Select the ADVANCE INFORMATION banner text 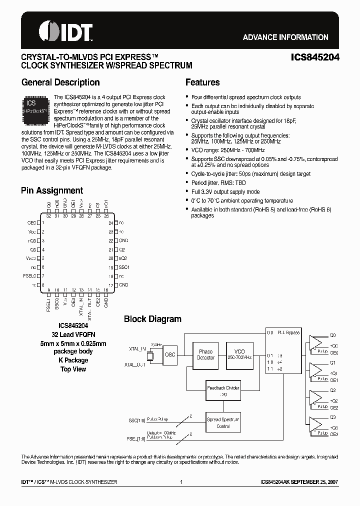click(285, 37)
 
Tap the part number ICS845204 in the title click(315, 57)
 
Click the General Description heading click(60, 82)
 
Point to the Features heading click(202, 82)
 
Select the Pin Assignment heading click(52, 190)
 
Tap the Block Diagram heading click(152, 319)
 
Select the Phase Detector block click(205, 354)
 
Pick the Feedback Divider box click(223, 390)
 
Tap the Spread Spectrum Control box click(223, 422)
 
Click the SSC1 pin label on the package click(123, 267)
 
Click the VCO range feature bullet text click(221, 150)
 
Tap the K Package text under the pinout click(73, 360)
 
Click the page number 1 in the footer click(180, 482)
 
